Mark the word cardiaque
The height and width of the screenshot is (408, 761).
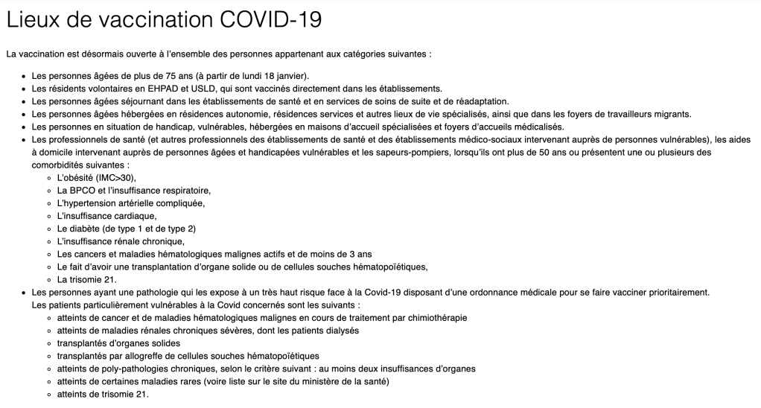pos(134,216)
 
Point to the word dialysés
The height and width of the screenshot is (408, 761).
pos(339,330)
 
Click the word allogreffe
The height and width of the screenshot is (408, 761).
pos(159,355)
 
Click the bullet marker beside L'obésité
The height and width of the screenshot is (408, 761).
pos(49,178)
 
